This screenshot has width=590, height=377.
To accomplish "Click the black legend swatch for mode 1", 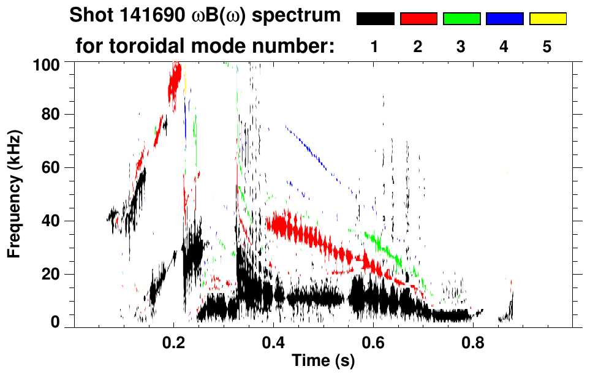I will tap(376, 19).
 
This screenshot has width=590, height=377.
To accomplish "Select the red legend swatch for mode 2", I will tap(418, 19).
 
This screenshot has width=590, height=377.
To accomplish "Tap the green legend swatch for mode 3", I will tap(461, 19).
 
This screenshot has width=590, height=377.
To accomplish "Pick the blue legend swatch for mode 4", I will tap(504, 19).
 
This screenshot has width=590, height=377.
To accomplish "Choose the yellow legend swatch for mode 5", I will tap(548, 19).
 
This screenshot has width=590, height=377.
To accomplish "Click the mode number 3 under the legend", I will tap(461, 47).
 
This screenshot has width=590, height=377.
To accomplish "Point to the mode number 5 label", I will tap(547, 47).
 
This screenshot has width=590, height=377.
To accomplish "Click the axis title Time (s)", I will tap(322, 362).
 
